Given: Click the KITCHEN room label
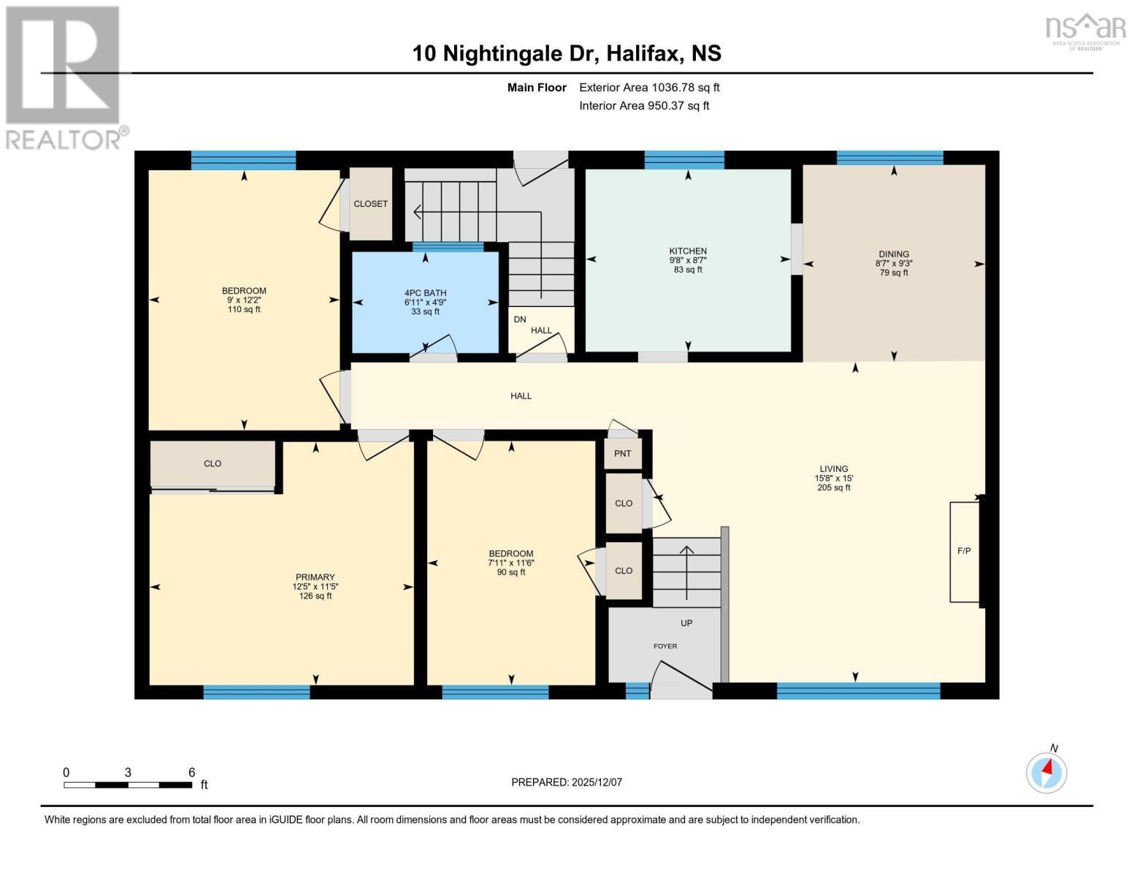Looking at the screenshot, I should [688, 251].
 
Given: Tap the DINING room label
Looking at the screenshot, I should [894, 254].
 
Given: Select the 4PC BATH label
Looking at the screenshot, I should [425, 293].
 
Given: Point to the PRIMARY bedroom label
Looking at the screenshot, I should [315, 577].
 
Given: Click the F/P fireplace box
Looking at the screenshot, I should [964, 551].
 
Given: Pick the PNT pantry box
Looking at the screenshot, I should [623, 454].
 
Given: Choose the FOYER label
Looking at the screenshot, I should [664, 646].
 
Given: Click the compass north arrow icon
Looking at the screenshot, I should [1046, 772].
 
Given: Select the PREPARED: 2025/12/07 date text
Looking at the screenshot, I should [567, 782].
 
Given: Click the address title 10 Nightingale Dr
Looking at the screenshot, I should [567, 53].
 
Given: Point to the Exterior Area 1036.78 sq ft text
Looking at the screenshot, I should [649, 88].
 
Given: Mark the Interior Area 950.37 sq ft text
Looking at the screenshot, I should [644, 106].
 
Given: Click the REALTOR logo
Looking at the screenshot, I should [64, 77].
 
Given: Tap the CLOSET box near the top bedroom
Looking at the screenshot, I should [370, 204].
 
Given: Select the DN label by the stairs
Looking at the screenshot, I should [520, 319].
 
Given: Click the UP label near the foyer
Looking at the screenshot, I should [686, 623].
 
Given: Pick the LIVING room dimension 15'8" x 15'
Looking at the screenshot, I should [833, 479].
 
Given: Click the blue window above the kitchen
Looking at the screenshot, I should [684, 159].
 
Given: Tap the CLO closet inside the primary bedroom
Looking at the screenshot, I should [212, 464].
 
